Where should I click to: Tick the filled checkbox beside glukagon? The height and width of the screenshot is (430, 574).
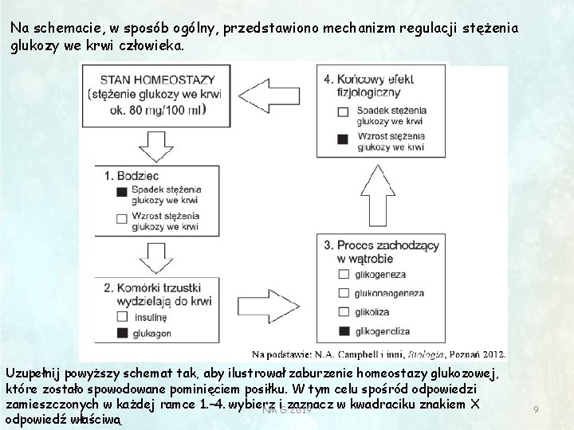click(121, 331)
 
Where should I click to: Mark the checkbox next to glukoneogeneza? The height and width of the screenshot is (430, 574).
click(344, 293)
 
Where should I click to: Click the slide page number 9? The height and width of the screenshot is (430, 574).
click(537, 409)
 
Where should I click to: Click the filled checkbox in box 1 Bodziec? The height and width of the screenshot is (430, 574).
click(121, 191)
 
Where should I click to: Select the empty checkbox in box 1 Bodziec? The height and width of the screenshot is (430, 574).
click(121, 218)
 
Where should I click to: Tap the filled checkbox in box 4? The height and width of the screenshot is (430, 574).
click(343, 138)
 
